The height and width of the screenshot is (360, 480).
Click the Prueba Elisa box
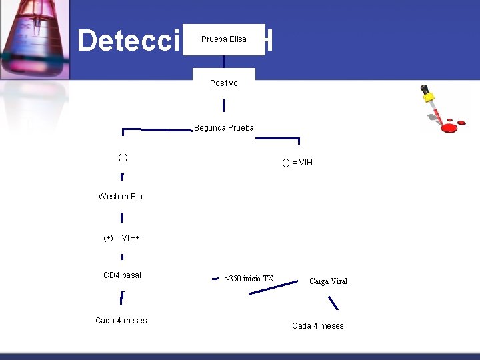coord(229,39)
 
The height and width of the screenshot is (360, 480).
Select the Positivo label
coord(223,83)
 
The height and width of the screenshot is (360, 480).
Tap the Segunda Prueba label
coord(223,128)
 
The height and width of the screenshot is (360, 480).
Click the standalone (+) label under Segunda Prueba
coord(123,157)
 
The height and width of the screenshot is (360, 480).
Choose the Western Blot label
coord(121,197)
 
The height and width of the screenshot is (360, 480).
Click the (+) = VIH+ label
coord(121,238)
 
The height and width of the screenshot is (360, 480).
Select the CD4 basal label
coord(122,275)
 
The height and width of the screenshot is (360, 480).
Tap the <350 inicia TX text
coord(249,279)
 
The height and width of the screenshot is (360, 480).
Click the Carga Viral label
coord(328,281)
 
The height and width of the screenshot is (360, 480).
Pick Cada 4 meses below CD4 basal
coord(121,321)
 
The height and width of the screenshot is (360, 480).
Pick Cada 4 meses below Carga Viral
coord(318,326)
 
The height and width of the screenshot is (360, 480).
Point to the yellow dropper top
coord(425,90)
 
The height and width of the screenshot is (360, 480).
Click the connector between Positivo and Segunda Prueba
coord(223,106)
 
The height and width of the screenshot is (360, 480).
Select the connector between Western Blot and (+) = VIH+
coord(121,217)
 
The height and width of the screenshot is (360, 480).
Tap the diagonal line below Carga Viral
coord(333,303)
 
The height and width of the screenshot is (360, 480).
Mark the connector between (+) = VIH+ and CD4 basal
coord(122,256)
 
